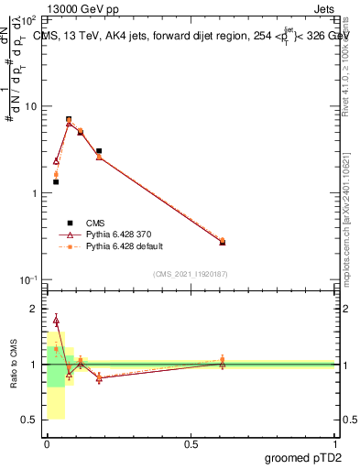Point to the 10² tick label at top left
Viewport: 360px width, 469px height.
click(27, 20)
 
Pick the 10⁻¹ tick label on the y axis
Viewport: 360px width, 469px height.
click(27, 280)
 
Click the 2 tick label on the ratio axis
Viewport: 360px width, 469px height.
click(35, 310)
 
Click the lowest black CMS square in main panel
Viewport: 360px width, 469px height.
click(56, 182)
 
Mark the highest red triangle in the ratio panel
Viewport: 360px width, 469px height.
click(56, 320)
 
